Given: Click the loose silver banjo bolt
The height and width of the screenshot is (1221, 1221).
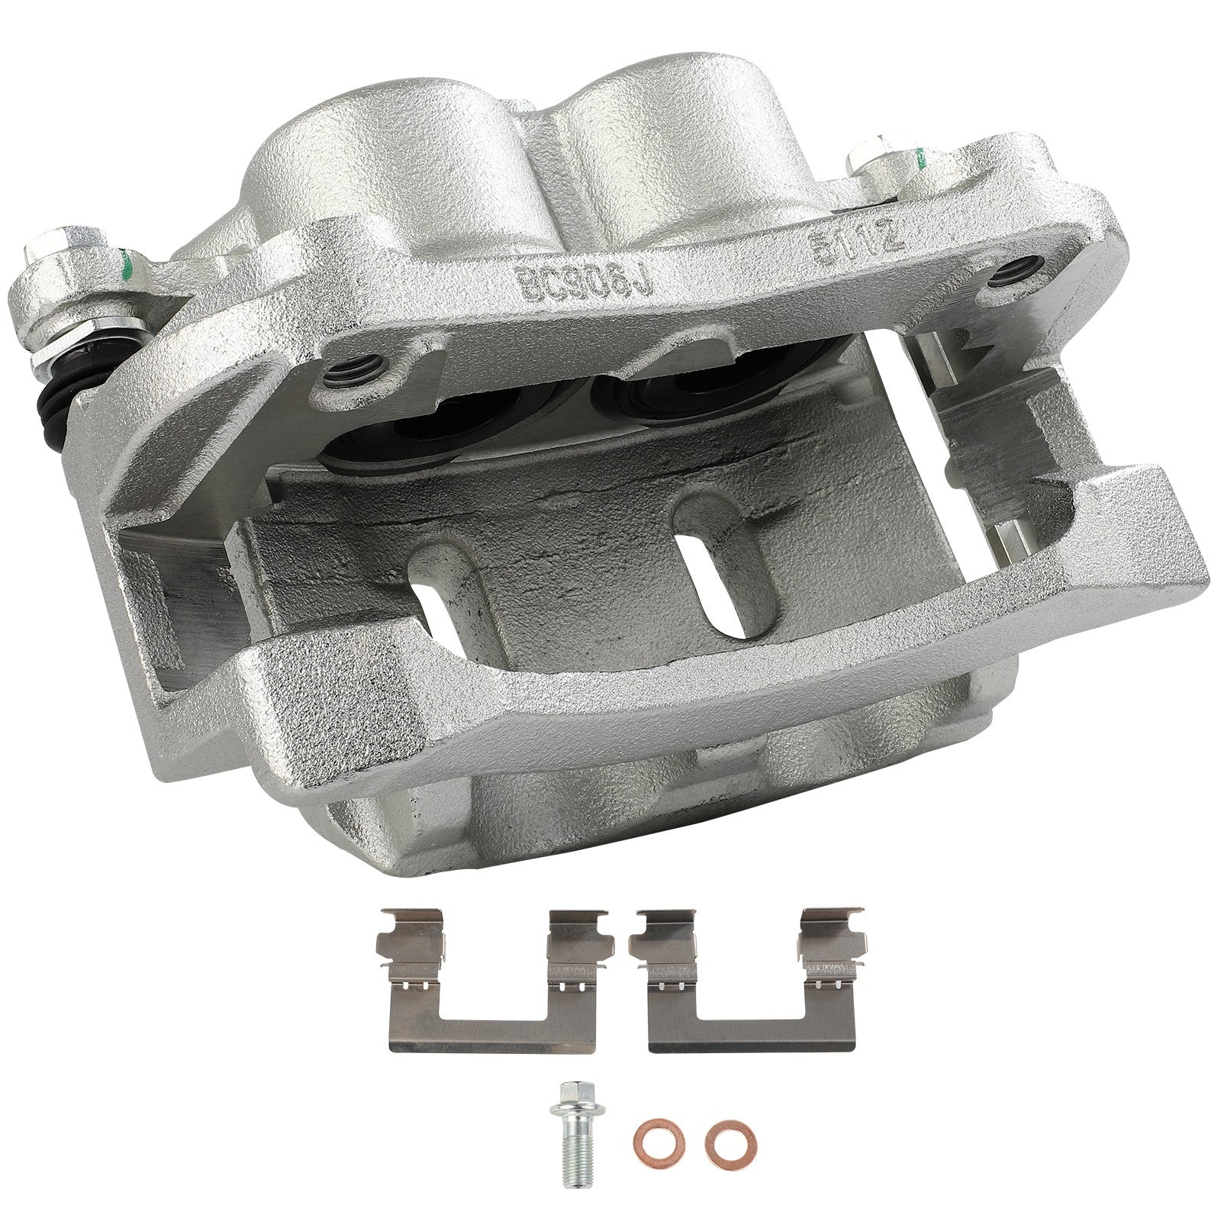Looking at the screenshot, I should click(573, 1145).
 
